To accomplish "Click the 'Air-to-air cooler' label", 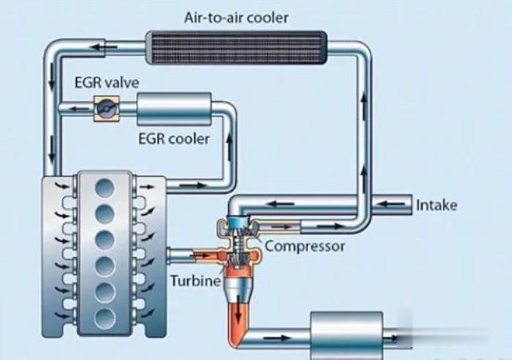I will pos(236,17).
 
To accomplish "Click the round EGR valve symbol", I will pos(104,108).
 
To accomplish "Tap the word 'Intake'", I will pos(436,205).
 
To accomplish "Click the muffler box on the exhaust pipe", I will pos(347,336).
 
